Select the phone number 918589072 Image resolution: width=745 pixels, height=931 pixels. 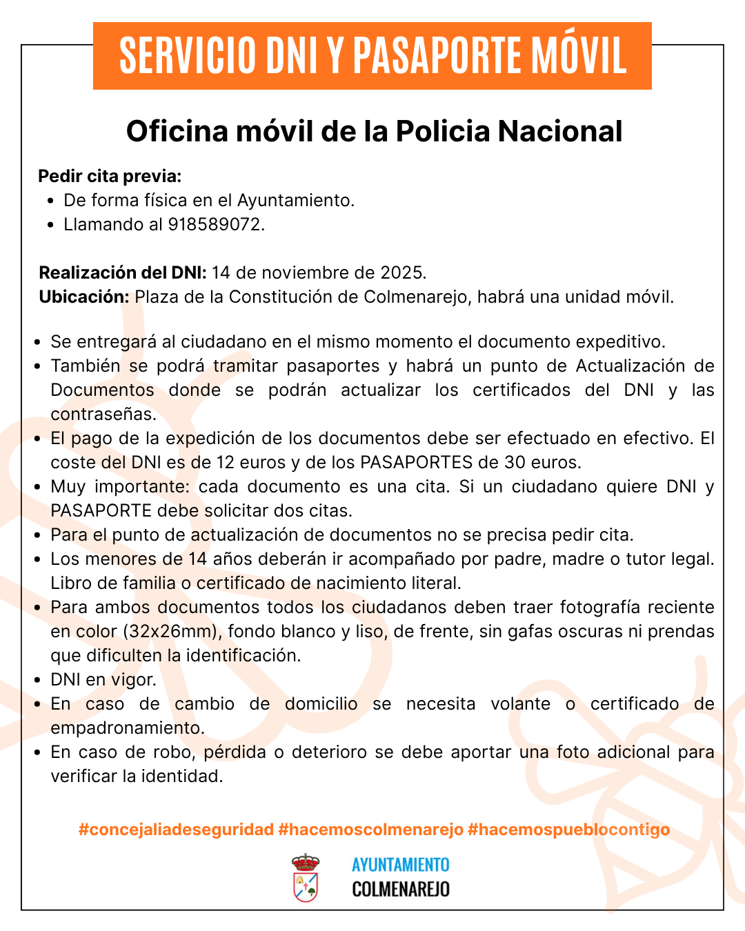coord(215,224)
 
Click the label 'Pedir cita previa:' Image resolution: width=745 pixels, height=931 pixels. coord(110,177)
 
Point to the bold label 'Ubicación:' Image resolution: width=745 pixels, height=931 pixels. coord(84,297)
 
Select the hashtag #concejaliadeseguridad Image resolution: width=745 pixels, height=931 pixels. coord(176,829)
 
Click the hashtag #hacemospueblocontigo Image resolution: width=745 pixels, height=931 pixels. coord(568,829)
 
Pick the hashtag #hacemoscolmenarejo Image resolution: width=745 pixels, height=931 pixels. coord(370,829)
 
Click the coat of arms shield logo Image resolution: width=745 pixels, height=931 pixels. coord(306,878)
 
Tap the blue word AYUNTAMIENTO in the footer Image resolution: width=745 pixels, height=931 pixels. coord(400,865)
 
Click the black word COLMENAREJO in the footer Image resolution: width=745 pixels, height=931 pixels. coord(400,889)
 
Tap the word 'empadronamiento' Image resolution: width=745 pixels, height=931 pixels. coord(126,728)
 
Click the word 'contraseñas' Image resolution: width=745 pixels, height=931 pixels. coord(103,414)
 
